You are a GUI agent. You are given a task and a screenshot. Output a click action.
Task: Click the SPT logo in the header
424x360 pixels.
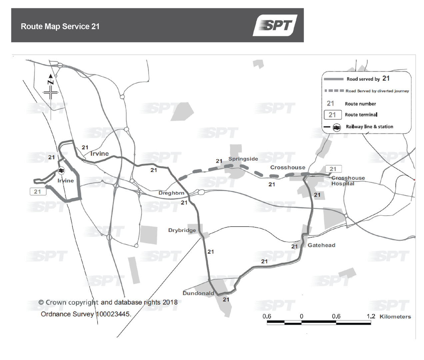pos(275,25)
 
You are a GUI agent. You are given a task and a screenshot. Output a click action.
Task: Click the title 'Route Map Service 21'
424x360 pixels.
pos(60,26)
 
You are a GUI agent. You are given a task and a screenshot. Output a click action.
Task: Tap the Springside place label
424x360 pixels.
pos(243,159)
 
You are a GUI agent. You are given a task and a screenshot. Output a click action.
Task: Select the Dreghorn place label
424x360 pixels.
pos(171,193)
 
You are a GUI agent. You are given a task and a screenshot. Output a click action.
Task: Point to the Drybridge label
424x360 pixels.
pos(182,230)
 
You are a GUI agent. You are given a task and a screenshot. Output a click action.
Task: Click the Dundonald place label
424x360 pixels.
pos(198,293)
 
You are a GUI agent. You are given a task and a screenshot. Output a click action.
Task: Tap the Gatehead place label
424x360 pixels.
pos(321,245)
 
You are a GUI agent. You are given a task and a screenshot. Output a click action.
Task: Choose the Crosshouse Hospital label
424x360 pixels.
pos(348,181)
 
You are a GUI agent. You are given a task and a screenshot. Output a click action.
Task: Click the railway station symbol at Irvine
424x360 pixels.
pos(61,171)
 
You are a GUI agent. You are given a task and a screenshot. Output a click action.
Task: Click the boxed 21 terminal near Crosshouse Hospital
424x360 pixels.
pos(333,169)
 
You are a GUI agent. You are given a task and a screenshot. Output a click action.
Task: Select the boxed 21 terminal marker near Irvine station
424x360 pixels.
pos(37,192)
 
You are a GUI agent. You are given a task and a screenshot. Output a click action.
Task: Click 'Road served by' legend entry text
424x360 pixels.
pos(363,79)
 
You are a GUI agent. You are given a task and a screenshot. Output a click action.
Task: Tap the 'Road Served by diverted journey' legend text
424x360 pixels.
pos(377,91)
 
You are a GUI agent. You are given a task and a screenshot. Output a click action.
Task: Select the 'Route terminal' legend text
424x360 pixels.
pos(361,115)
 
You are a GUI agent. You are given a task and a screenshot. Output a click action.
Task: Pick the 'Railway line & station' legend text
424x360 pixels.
pos(369,127)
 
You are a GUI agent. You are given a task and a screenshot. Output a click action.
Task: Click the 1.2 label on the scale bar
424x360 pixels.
pos(371,316)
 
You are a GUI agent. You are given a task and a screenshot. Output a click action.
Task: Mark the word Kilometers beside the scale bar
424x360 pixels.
pos(395,317)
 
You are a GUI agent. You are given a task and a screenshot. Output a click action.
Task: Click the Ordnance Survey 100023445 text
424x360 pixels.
pos(86,314)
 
